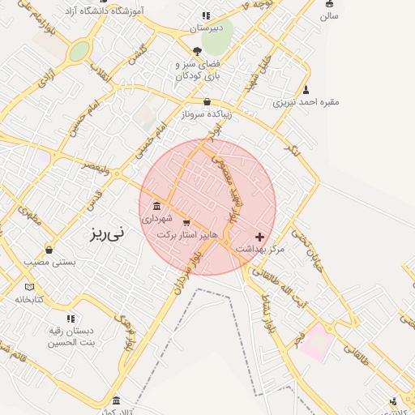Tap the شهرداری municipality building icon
click(156, 206)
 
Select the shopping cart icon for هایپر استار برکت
click(187, 221)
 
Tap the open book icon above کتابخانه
click(30, 287)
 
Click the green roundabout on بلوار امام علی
click(79, 52)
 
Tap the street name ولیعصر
click(96, 165)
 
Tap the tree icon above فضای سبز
click(197, 51)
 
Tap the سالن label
click(328, 15)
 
